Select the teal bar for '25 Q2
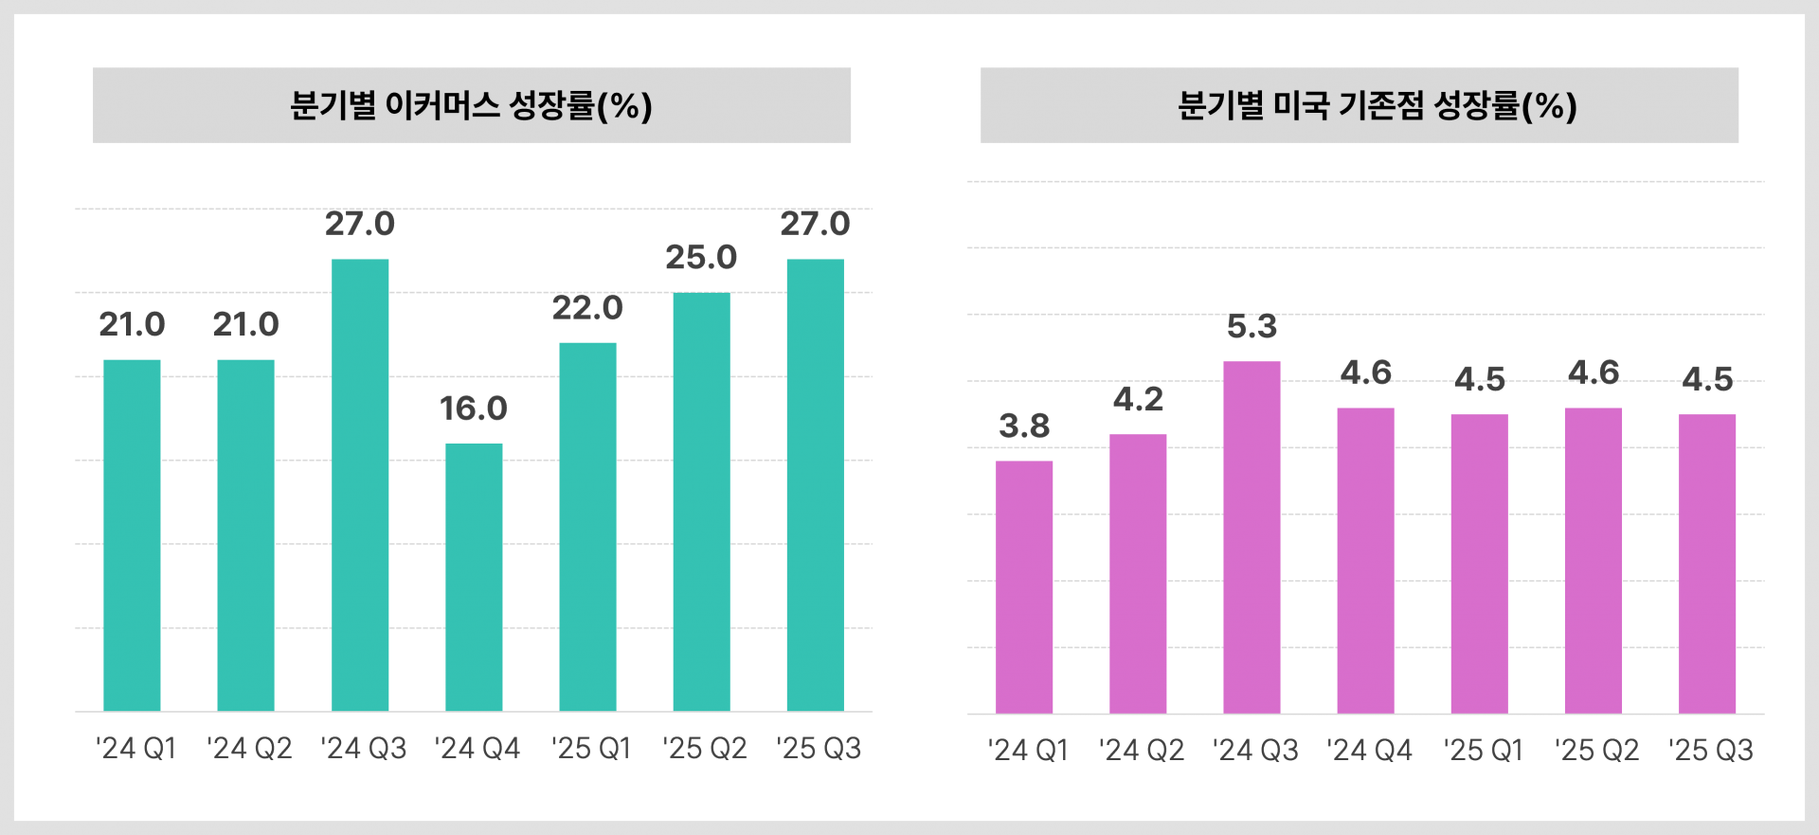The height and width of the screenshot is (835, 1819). pos(701,501)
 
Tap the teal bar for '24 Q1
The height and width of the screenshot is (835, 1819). pos(132,535)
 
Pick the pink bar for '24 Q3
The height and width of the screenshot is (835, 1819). pos(1252,536)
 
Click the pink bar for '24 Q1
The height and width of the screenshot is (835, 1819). pos(1024,587)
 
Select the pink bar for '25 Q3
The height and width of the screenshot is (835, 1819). pos(1707,563)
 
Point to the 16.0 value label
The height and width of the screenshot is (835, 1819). pos(474,408)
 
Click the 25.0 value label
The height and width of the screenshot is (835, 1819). pos(701,258)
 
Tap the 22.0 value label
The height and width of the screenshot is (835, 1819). pos(587,308)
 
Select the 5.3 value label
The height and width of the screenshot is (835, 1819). pos(1252,327)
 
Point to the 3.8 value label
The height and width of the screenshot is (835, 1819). pos(1024,427)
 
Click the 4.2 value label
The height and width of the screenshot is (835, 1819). pos(1138,400)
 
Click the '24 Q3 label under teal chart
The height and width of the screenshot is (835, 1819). pos(363,748)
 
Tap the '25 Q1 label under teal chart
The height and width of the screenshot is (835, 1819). pos(591,748)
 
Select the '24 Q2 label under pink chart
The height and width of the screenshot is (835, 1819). pos(1142,750)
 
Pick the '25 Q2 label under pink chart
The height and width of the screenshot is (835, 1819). pos(1596,750)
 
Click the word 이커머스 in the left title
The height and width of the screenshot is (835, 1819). pos(442,105)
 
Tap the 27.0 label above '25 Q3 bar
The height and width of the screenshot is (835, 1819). pos(815,224)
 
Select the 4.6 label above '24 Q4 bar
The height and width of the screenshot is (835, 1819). pos(1365,372)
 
